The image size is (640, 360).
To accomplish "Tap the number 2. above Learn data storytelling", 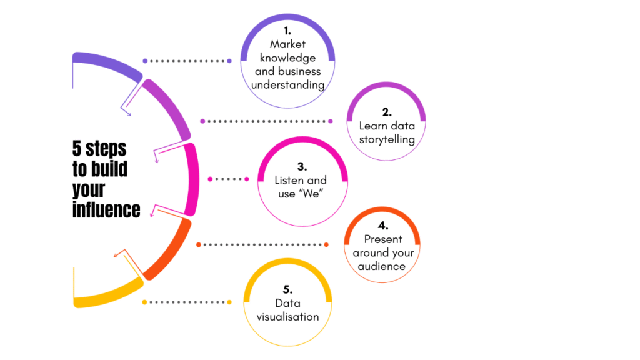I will pos(387,112).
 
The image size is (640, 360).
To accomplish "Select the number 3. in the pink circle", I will pos(302,167).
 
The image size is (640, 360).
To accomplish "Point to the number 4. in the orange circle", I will pos(383,226).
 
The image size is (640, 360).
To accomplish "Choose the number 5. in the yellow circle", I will pos(287,289).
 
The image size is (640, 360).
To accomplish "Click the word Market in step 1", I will pos(287,44).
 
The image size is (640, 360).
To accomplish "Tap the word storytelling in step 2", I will pos(387,139).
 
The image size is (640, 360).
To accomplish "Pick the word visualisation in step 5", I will pos(287,317).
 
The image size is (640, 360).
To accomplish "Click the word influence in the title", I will pos(106,209).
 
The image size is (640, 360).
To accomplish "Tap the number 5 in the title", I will pos(77,149).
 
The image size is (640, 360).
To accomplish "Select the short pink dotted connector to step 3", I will pos(227,179).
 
